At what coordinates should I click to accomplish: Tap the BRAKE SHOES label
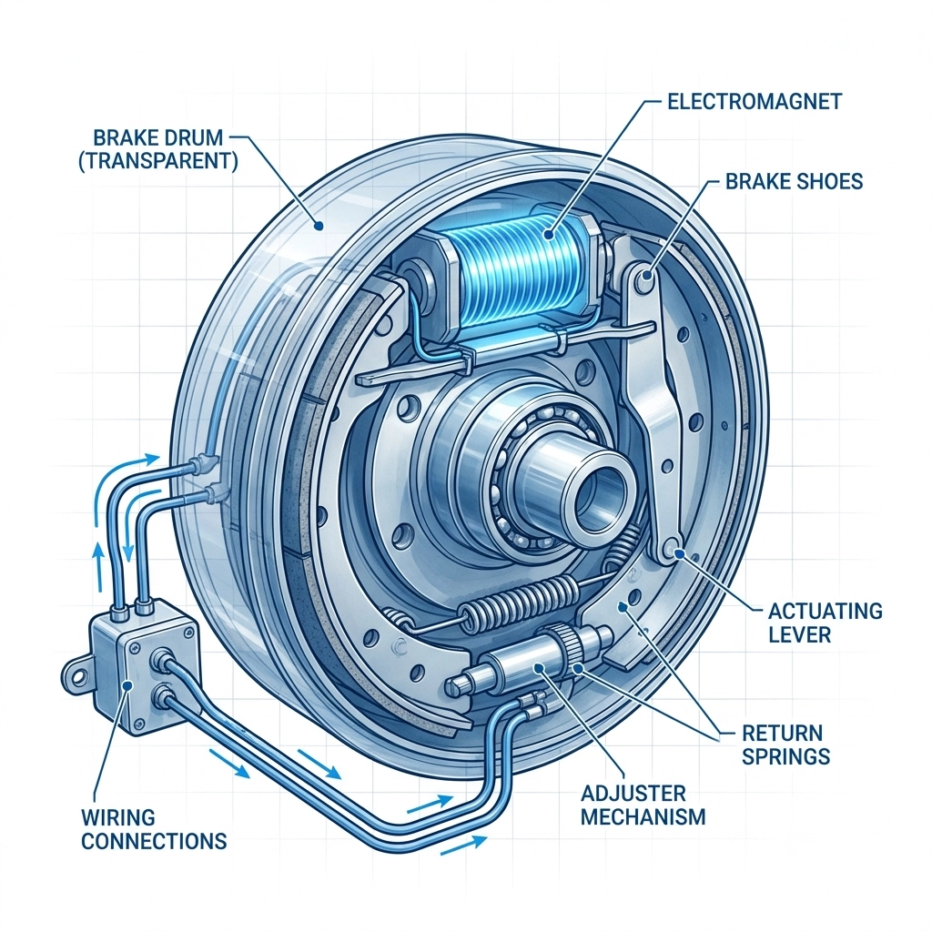[794, 182]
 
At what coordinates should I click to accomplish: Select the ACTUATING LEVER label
[826, 622]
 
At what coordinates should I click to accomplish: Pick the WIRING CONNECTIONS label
[154, 829]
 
